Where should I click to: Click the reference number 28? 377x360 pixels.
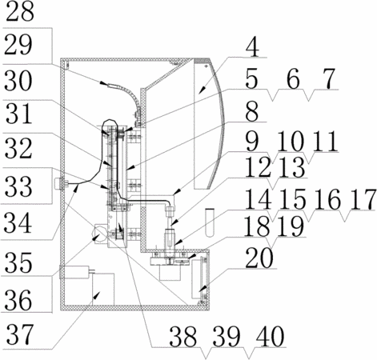19,11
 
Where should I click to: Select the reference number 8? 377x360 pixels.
252,111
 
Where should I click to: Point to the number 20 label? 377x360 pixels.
259,258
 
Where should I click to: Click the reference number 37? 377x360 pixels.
20,334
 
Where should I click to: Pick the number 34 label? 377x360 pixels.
18,223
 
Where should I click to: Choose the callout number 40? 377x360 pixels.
270,337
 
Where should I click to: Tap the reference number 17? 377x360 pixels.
363,199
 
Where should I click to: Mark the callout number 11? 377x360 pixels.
325,141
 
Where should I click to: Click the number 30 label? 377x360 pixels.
18,81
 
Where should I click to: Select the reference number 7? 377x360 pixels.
330,78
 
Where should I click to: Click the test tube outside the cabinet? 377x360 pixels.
210,222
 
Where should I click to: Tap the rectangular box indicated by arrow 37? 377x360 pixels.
103,290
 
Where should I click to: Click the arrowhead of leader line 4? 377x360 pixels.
203,90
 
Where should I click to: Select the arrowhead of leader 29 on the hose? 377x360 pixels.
104,84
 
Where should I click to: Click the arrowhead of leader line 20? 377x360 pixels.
203,289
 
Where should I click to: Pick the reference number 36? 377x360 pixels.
18,300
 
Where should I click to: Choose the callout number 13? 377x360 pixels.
292,167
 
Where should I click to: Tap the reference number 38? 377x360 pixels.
183,337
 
